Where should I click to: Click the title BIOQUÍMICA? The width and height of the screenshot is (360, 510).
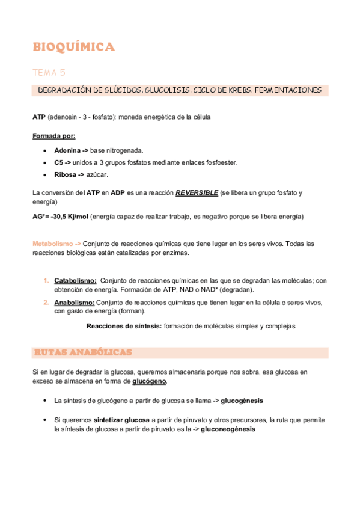(x=73, y=47)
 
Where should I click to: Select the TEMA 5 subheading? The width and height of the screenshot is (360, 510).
(x=49, y=73)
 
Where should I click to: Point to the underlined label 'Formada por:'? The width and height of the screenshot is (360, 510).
(x=53, y=136)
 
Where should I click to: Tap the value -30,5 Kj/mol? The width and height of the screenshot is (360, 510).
(x=69, y=216)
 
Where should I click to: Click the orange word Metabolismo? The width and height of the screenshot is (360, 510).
(x=53, y=244)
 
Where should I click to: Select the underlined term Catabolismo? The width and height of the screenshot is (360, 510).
(x=75, y=280)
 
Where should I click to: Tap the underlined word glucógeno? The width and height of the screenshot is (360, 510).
(x=149, y=381)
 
